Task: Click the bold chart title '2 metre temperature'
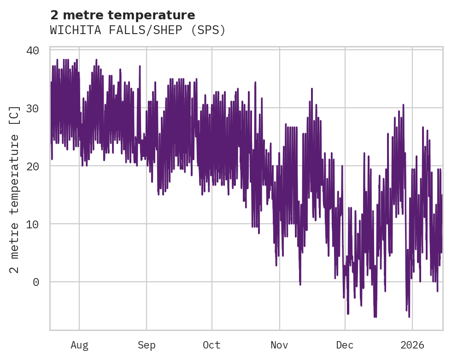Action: [123, 15]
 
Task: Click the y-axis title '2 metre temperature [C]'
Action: [15, 189]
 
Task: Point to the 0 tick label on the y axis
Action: [35, 282]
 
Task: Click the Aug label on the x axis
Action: [79, 345]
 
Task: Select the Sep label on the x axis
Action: [147, 345]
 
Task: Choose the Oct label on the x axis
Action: [212, 345]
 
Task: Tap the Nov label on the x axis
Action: [279, 345]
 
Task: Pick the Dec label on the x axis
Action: [345, 345]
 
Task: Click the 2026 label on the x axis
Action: [412, 345]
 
